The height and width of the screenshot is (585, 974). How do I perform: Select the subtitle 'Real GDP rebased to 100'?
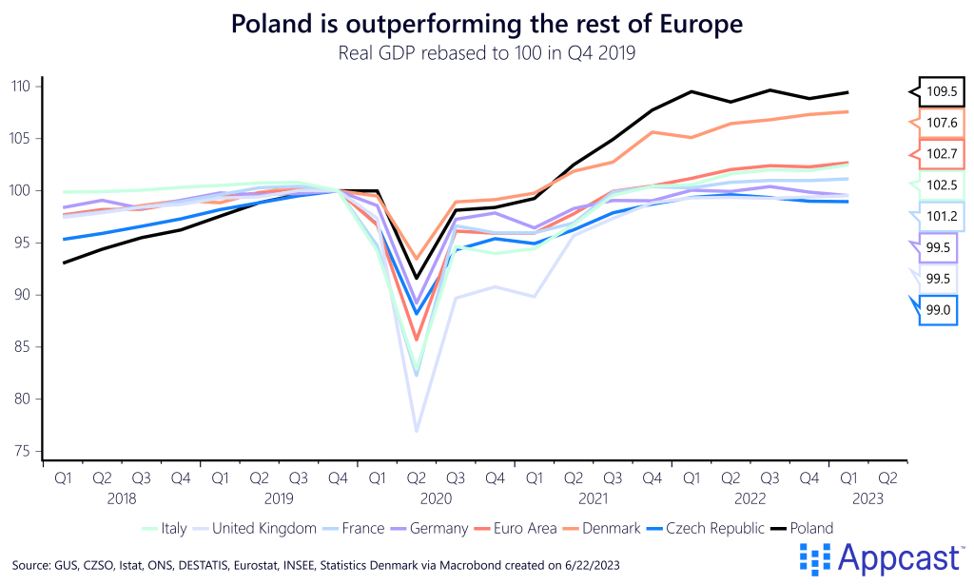(x=486, y=53)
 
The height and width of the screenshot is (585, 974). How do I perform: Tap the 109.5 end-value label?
(x=940, y=92)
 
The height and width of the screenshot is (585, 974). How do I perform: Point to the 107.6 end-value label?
(x=940, y=123)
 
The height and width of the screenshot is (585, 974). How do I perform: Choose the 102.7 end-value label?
(x=940, y=154)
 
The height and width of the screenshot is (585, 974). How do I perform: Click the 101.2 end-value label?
(x=940, y=216)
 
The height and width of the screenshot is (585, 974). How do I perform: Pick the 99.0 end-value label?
(x=940, y=309)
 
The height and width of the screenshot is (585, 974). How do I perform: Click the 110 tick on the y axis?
(x=20, y=87)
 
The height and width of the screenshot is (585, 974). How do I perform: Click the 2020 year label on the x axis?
(x=436, y=497)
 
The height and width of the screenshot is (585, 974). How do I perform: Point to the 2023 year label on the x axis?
(x=867, y=497)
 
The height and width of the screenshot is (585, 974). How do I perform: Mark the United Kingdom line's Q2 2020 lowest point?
(x=416, y=432)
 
